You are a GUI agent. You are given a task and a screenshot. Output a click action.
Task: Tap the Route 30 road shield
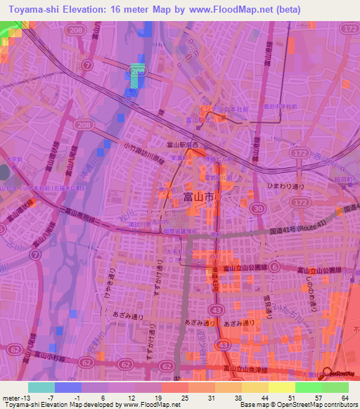point(258,209)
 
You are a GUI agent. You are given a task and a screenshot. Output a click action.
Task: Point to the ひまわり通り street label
point(283,186)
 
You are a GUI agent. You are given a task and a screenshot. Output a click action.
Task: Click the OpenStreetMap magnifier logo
point(327,373)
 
